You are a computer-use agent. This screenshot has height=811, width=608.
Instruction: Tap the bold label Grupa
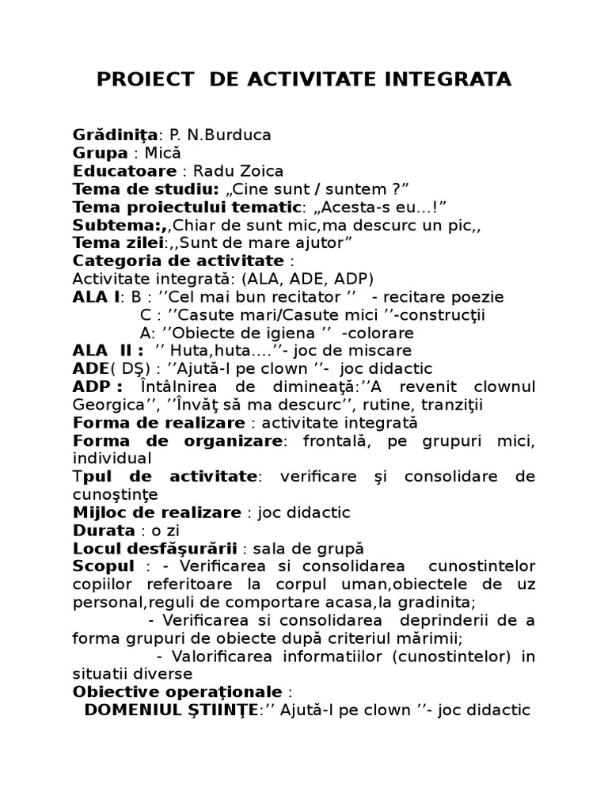(100, 153)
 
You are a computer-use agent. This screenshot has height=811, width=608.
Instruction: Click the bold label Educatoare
(124, 171)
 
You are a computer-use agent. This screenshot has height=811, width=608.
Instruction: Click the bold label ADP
(97, 386)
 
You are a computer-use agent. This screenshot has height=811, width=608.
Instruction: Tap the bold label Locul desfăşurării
(155, 548)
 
